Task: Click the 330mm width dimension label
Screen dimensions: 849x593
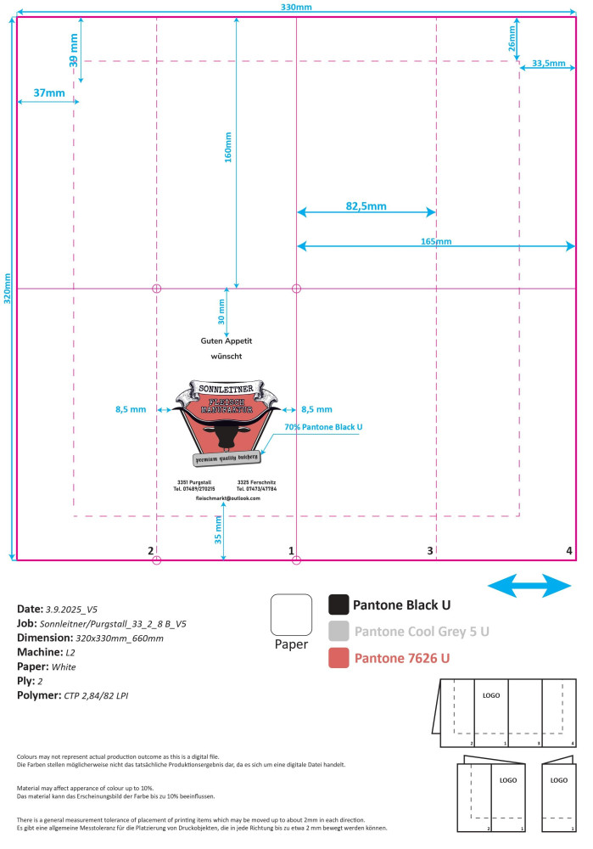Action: [296, 8]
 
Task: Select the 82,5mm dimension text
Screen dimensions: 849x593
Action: [366, 205]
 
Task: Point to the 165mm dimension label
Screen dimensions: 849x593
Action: [436, 241]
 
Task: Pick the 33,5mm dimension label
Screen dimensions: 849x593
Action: [548, 63]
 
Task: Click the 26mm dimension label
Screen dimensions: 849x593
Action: [512, 44]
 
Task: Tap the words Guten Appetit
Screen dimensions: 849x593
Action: [227, 340]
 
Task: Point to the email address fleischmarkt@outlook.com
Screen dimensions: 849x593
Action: [227, 498]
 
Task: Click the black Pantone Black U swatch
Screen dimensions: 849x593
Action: [338, 604]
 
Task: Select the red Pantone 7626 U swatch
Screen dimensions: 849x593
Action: [338, 658]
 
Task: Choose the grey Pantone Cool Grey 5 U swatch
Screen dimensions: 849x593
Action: [338, 631]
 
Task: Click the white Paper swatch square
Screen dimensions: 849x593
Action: [291, 614]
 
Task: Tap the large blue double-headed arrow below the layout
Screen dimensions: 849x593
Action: [530, 585]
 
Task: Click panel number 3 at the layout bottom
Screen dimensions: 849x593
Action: [430, 551]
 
